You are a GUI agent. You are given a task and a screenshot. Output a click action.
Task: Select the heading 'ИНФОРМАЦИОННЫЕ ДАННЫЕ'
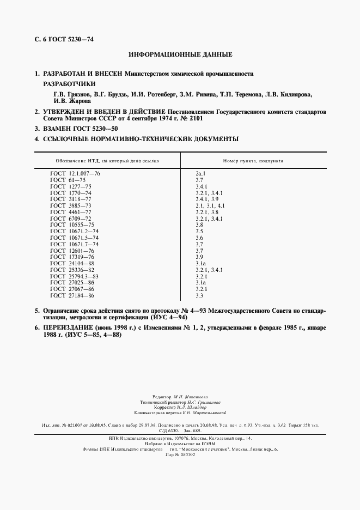(x=180, y=55)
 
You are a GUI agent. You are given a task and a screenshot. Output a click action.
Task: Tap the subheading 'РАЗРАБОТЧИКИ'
(x=69, y=84)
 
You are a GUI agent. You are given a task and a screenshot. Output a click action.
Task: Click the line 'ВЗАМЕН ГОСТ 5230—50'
(x=80, y=129)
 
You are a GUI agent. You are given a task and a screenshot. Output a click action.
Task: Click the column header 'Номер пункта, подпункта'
(x=253, y=161)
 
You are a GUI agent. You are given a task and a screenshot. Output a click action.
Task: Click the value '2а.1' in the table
(x=200, y=173)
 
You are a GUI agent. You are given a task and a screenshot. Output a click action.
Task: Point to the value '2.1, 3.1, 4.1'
(x=210, y=206)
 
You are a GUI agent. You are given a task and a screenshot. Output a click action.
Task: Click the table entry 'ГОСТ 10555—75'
(x=72, y=225)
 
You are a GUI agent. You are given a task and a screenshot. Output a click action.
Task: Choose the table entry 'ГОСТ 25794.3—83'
(x=74, y=276)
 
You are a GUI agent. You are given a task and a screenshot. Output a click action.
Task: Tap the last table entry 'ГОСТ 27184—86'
(x=72, y=295)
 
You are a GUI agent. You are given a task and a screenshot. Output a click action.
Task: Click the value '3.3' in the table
(x=199, y=295)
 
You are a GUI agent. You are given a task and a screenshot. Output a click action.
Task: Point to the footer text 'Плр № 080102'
(x=180, y=454)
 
